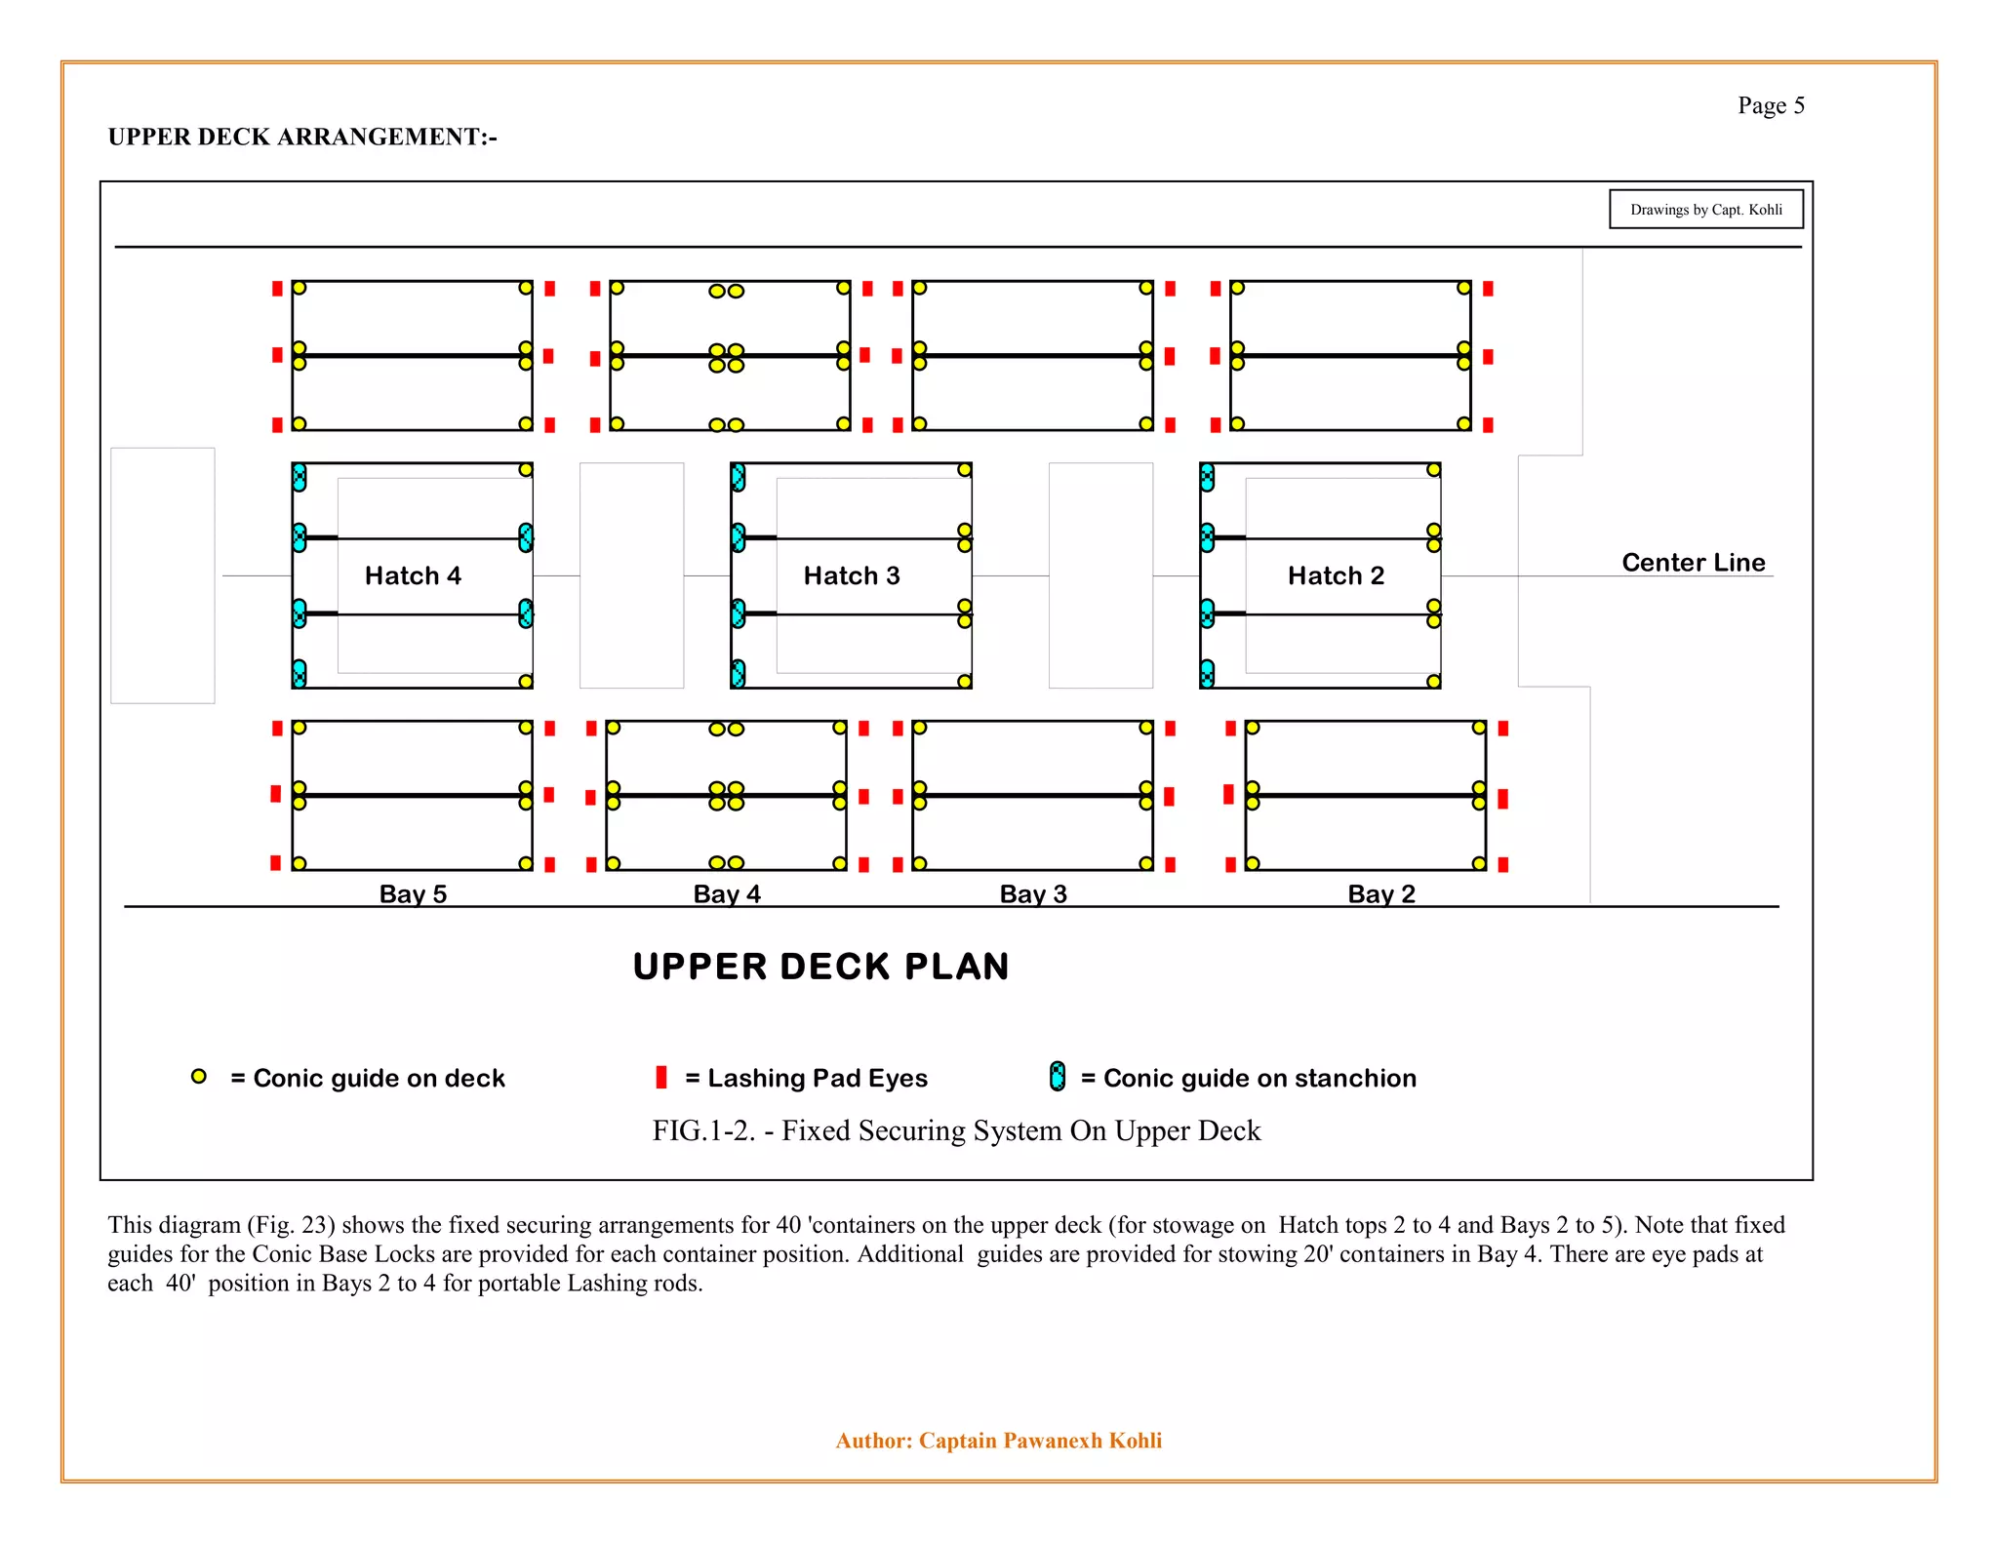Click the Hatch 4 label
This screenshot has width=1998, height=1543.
[x=413, y=575]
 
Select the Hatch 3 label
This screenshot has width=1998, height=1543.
[x=852, y=575]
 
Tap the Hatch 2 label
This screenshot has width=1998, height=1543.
[x=1336, y=575]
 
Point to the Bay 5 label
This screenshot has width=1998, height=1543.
[x=413, y=893]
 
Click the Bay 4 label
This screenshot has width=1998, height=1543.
[x=727, y=893]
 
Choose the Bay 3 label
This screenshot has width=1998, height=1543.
[x=1033, y=893]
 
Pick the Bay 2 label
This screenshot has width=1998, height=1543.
[x=1381, y=893]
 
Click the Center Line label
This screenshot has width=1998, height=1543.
[x=1694, y=562]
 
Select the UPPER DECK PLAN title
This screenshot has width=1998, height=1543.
[x=820, y=967]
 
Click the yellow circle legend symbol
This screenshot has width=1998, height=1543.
[x=199, y=1077]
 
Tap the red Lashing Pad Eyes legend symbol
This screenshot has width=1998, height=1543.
[x=661, y=1077]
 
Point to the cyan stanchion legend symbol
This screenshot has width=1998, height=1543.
[x=1058, y=1077]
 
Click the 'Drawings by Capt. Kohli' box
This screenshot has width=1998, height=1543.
[x=1705, y=210]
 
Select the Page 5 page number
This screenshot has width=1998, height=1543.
[x=1771, y=105]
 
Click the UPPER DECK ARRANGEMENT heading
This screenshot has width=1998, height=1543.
[x=302, y=137]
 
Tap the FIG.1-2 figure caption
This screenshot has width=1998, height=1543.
[x=956, y=1130]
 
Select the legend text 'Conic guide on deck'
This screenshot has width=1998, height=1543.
[x=379, y=1078]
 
